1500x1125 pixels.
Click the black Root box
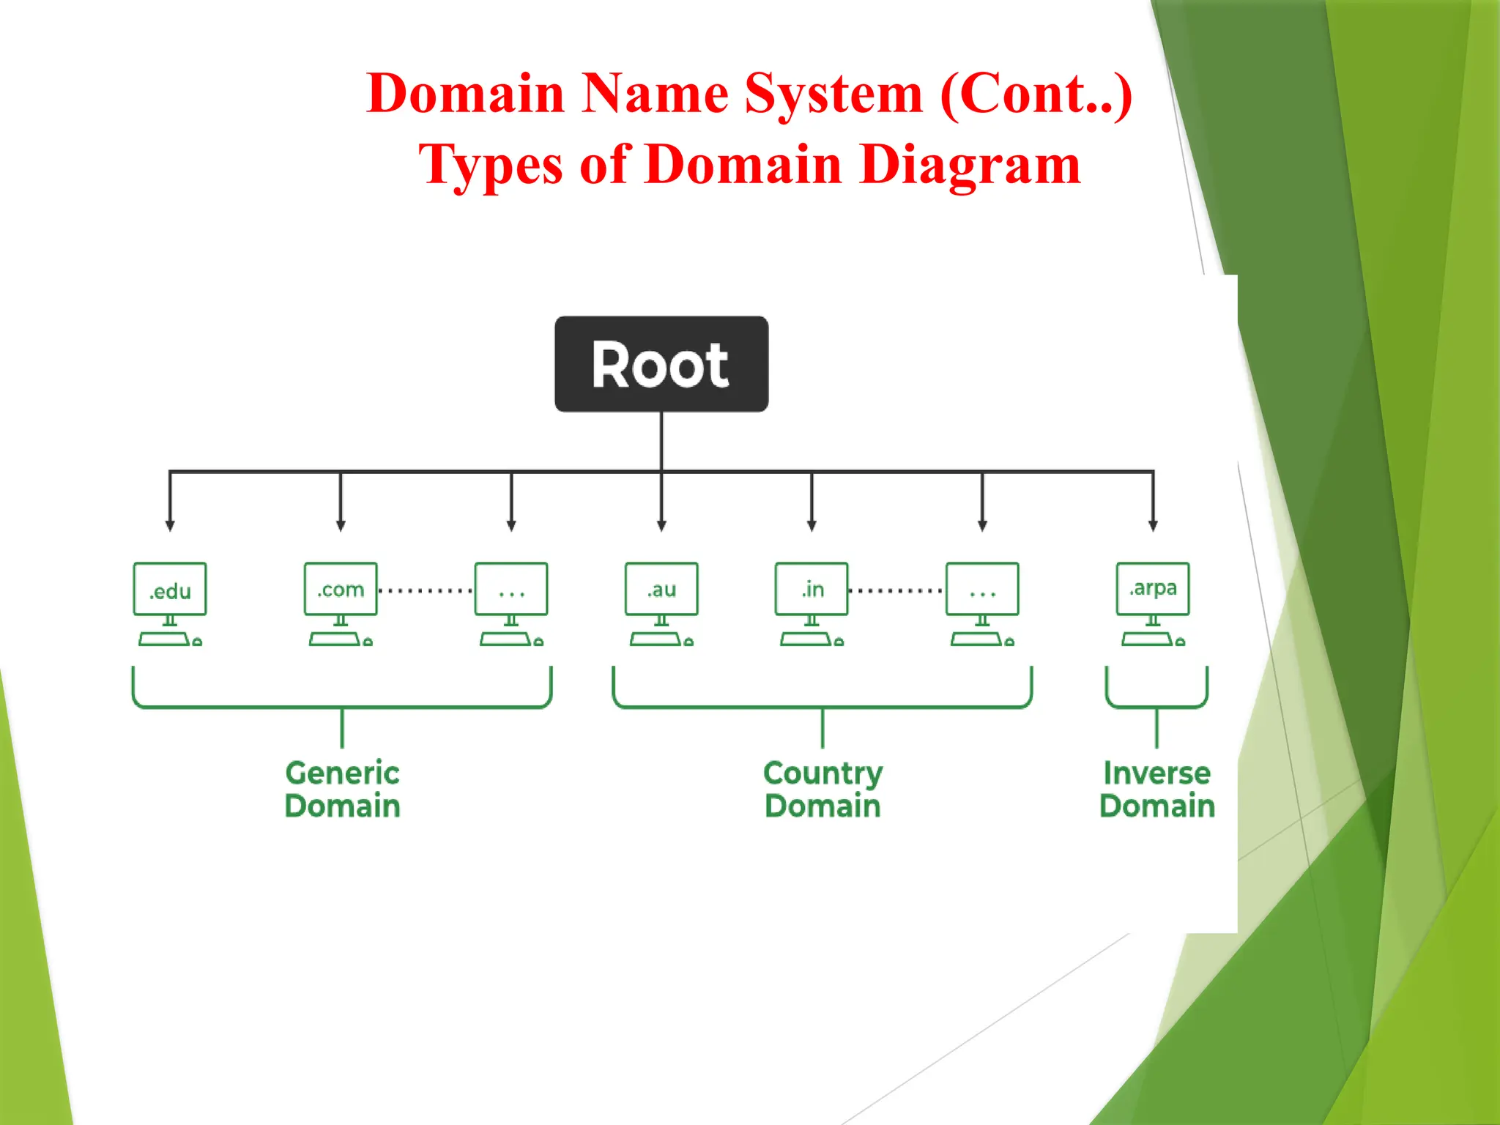point(661,364)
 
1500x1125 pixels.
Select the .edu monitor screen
point(170,589)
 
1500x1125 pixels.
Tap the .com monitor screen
point(341,589)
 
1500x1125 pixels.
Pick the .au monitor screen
point(661,589)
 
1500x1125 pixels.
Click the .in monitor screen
point(812,589)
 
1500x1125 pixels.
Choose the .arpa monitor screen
point(1153,589)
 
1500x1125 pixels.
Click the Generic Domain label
point(342,790)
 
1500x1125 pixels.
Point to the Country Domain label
point(823,790)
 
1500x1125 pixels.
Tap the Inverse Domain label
point(1157,790)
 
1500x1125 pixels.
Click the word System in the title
point(833,94)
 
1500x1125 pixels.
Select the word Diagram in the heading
point(970,165)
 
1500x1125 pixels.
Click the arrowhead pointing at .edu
point(170,526)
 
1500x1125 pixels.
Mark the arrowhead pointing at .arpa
point(1153,526)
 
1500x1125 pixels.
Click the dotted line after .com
point(426,590)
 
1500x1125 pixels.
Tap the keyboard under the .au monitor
point(656,639)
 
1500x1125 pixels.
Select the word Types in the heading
point(490,165)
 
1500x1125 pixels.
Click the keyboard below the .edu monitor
point(164,639)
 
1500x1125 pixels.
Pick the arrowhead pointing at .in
point(812,526)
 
